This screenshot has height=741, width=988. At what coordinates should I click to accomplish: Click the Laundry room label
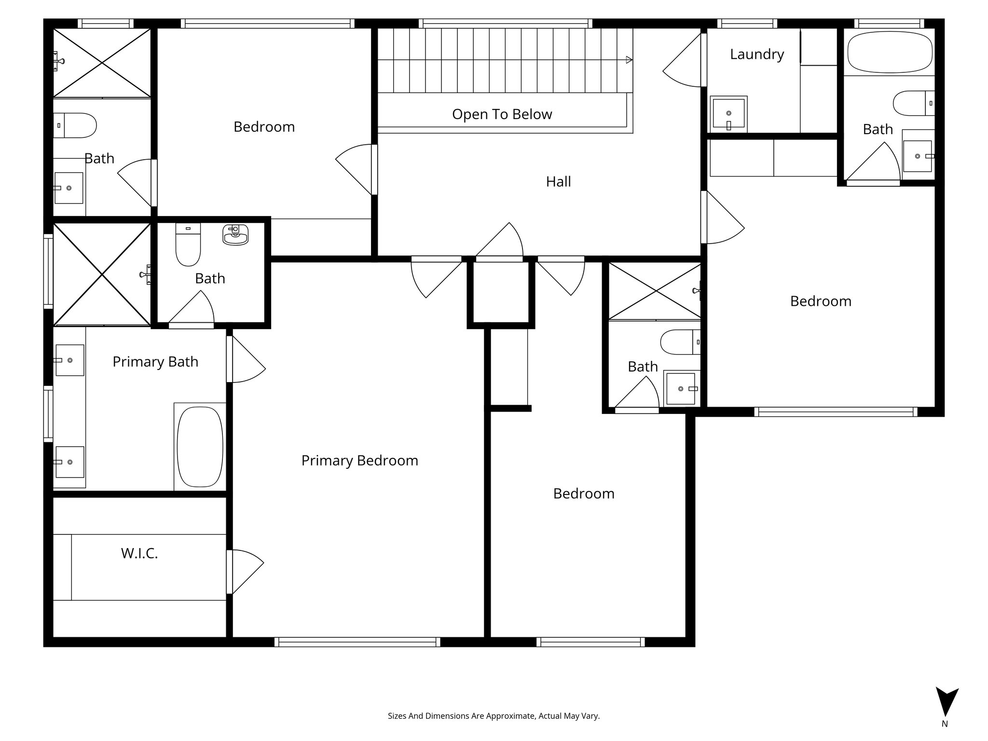757,55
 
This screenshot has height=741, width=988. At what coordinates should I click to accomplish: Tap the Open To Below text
502,114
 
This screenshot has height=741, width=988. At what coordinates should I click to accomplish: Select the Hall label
558,181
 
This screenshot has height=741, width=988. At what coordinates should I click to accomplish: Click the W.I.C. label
139,553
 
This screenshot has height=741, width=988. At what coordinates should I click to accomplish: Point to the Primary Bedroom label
359,461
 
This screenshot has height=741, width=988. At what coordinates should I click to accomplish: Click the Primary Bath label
155,362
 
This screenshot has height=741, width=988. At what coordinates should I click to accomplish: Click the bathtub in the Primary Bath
200,447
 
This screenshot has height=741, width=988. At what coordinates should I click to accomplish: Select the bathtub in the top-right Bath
890,52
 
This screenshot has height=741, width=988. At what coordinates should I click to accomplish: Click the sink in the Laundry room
728,114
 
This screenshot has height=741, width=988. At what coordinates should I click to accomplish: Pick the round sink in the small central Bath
235,235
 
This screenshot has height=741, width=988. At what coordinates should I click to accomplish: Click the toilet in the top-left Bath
75,125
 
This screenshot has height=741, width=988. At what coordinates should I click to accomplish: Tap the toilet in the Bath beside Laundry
914,103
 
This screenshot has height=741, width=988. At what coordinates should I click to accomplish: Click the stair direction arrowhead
629,60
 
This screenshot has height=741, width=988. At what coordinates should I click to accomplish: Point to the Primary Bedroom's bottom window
357,642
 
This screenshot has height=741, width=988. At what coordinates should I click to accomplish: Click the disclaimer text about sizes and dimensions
494,716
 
